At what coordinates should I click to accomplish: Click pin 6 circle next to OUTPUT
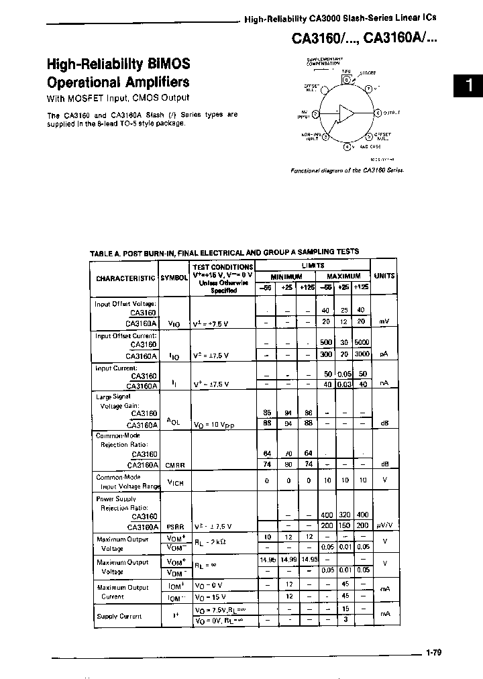pos(377,114)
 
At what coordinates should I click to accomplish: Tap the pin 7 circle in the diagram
pos(368,89)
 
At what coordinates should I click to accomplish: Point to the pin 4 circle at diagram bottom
pos(347,146)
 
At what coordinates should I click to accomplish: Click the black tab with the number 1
pos(468,86)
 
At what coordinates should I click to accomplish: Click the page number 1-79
pos(433,651)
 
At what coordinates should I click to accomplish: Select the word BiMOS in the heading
pos(168,64)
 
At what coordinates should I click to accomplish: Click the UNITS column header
pos(384,276)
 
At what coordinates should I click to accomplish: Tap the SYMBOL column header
pos(174,278)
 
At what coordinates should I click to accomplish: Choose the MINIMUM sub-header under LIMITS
pos(286,276)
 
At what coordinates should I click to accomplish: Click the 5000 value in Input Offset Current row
pos(362,342)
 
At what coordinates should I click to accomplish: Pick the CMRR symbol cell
pos(176,464)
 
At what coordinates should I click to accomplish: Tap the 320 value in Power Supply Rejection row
pos(344,515)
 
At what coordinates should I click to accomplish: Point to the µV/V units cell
pos(384,527)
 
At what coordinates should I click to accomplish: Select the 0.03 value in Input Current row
pos(344,384)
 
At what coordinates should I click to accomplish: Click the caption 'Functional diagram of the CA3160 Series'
pos(347,170)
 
